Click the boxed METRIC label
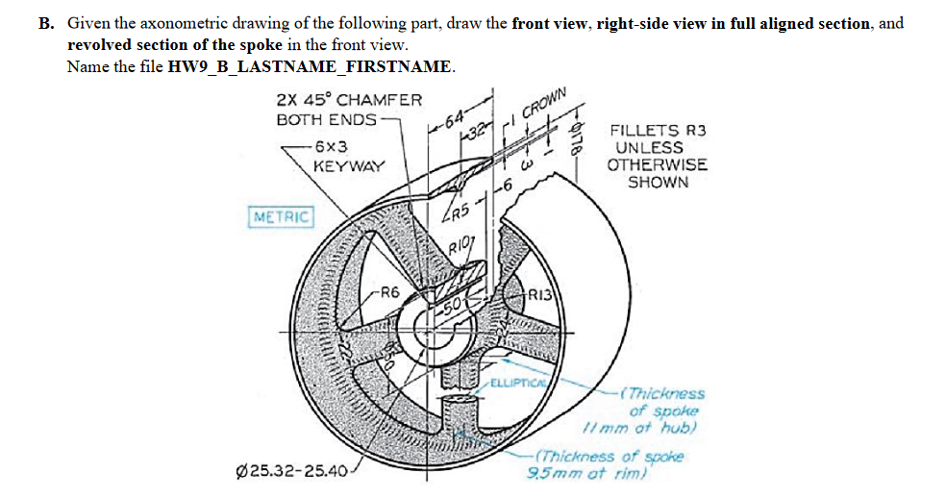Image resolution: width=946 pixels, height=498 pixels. coord(281,217)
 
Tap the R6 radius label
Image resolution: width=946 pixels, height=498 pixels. coord(389,291)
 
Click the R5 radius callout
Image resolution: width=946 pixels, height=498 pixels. coord(458,213)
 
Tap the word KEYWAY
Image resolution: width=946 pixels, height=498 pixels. coord(348,165)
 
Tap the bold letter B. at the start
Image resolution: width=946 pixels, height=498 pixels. coord(46,23)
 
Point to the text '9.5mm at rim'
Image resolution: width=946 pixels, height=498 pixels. coord(588,471)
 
